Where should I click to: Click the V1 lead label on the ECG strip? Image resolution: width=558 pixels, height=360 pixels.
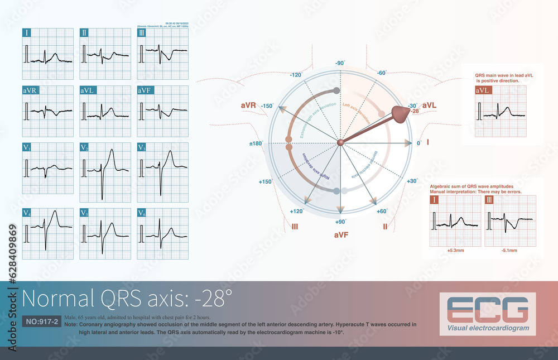pos(27,147)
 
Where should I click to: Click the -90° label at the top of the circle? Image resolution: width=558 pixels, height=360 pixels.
pos(339,64)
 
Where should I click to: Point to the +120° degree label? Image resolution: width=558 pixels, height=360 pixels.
pos(296,212)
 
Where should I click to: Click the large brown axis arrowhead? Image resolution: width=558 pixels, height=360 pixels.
pos(400,114)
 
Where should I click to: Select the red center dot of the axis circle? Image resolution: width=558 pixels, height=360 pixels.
pos(340,143)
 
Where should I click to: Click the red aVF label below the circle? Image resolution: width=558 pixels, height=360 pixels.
pos(341,235)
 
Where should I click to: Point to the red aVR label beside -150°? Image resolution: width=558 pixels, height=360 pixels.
pos(249,105)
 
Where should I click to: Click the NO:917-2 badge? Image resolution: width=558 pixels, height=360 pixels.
pos(41,322)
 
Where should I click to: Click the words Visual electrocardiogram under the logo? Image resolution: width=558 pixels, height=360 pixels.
pos(488,328)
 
